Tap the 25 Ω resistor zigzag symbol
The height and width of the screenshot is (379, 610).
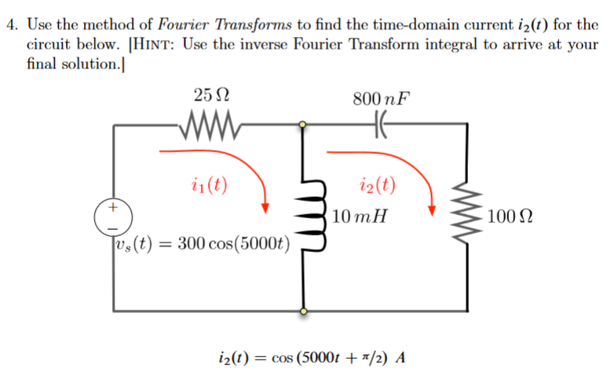tap(210, 123)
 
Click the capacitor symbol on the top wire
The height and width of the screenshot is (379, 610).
tap(382, 123)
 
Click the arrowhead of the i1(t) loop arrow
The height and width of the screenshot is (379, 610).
tap(267, 208)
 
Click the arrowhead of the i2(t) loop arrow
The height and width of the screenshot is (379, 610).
tap(432, 209)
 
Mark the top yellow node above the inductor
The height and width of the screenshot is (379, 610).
tap(302, 123)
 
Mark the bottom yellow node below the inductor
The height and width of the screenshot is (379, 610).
tap(302, 312)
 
